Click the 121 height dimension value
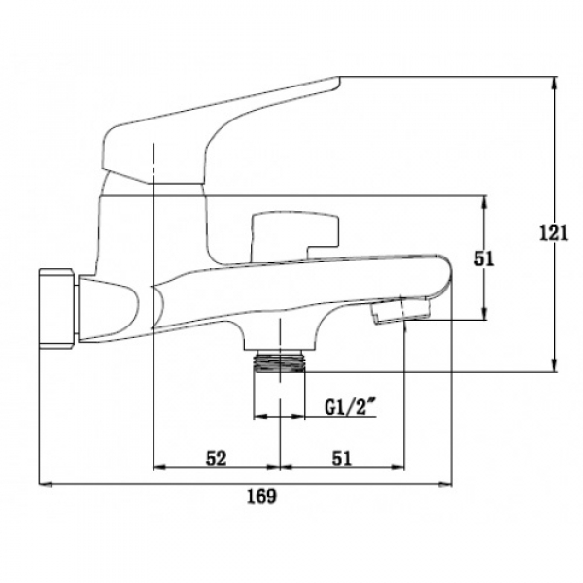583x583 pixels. [x=554, y=234]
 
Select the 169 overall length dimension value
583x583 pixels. [x=262, y=496]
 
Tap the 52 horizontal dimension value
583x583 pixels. [x=216, y=459]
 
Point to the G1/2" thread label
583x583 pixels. [x=349, y=408]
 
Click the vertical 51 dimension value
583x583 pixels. [x=484, y=258]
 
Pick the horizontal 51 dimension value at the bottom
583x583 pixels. [x=342, y=459]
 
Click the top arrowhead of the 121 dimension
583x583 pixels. [x=555, y=83]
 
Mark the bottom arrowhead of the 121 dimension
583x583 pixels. [x=555, y=365]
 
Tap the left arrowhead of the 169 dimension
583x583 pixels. [x=46, y=484]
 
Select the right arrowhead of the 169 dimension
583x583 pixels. [x=445, y=484]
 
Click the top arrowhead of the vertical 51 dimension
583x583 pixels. [x=484, y=202]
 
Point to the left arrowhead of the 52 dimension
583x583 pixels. [x=160, y=467]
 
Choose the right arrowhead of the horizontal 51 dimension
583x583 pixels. [x=397, y=467]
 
